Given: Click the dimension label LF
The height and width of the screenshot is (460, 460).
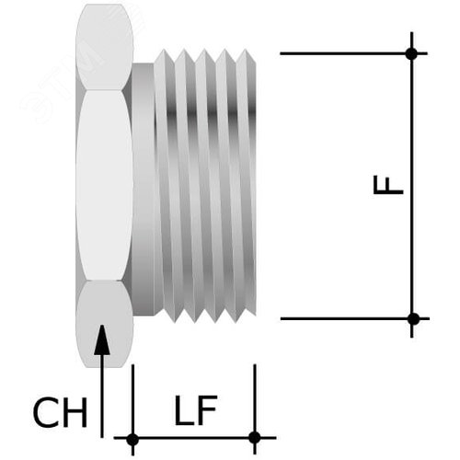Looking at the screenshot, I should coord(195,412).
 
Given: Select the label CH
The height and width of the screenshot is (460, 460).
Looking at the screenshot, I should coord(60,414).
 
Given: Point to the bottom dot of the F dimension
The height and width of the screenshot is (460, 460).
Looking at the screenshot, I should coord(413,318).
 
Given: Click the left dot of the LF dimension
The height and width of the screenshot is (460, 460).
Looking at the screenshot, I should coord(132,438).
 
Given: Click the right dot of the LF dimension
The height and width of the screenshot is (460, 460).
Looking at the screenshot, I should coord(255,437).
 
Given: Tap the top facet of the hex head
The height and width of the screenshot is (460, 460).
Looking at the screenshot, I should coord(104,46).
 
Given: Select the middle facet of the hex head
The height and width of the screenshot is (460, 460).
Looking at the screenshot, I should coord(105,184).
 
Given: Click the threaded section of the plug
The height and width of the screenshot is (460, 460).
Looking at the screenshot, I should coord(207,184).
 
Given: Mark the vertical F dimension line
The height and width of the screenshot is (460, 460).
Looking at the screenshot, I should coord(412,230).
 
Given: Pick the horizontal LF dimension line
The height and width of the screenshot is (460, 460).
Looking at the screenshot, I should coord(193,438).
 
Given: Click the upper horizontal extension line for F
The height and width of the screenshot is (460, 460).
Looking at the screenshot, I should coord(340,53).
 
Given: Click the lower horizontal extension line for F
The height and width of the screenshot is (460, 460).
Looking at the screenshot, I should coord(340,319).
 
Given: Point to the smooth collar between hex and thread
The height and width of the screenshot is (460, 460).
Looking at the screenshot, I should coord(145,184).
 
